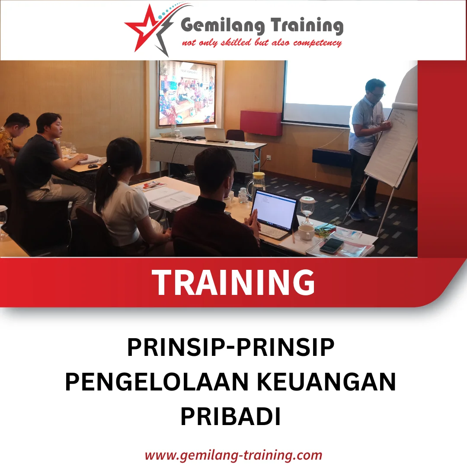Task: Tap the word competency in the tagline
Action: click(x=318, y=43)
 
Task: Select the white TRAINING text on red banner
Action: click(x=233, y=282)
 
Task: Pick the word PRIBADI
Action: click(x=230, y=416)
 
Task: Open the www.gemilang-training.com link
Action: click(x=233, y=455)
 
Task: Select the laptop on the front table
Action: click(x=215, y=134)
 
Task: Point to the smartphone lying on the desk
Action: click(x=331, y=245)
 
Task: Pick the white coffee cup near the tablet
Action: click(x=306, y=232)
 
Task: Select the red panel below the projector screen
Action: click(x=261, y=123)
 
